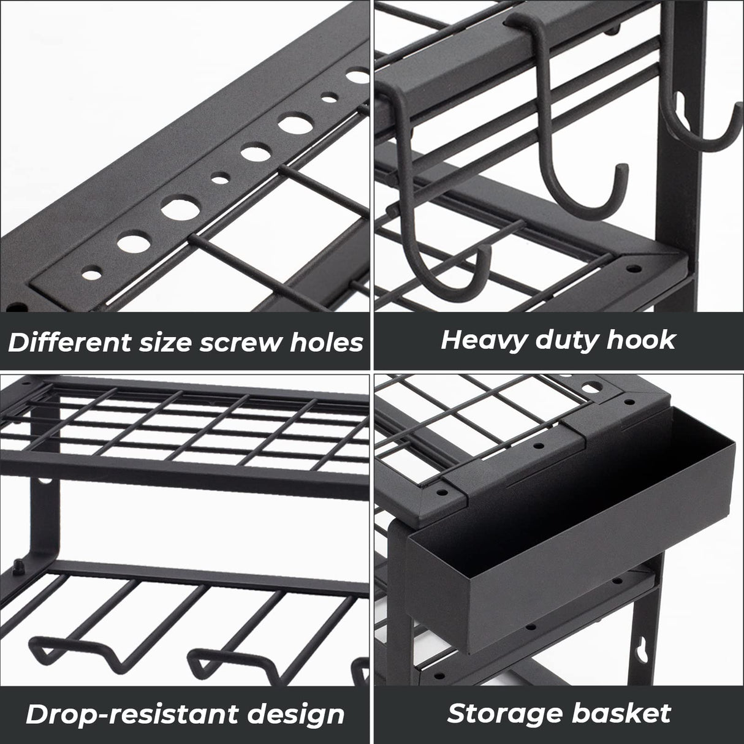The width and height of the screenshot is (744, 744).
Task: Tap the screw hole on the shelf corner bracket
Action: tap(631, 268)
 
